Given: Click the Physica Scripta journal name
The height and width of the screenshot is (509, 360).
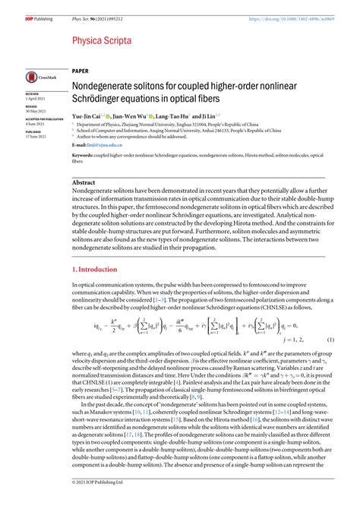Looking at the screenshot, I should point(101,40).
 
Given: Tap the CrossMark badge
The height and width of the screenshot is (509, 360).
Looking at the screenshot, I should point(33,76).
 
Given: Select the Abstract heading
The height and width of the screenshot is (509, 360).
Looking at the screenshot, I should point(84,183).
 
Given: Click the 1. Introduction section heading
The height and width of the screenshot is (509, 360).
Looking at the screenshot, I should point(97,270).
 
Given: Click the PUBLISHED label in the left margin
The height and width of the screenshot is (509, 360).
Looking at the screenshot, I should point(23,131).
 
